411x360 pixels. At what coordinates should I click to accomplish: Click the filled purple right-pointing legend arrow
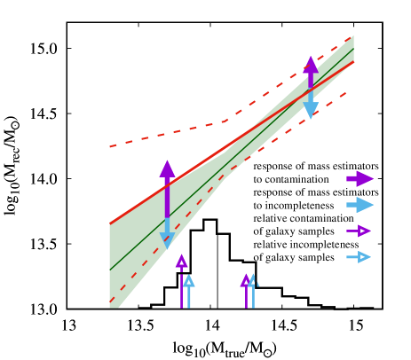click(x=360, y=178)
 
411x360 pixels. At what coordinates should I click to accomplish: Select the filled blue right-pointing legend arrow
click(x=360, y=205)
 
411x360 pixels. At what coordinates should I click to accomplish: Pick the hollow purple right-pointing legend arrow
click(x=359, y=231)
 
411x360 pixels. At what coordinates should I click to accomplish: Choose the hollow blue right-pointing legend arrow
click(x=359, y=257)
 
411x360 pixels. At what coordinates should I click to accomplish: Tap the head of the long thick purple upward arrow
click(x=167, y=168)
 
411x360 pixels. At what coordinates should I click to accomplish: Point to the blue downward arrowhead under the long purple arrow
click(x=167, y=239)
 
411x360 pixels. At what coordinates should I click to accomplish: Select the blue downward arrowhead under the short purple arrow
click(x=311, y=110)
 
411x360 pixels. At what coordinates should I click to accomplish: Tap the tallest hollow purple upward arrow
click(x=181, y=262)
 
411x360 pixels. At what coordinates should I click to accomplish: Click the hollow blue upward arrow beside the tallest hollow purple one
click(x=188, y=283)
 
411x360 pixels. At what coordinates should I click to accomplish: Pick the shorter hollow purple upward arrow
click(x=246, y=282)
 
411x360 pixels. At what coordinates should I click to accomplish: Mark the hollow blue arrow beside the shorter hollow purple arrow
click(x=253, y=282)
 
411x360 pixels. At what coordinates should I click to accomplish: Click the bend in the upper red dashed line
click(x=225, y=121)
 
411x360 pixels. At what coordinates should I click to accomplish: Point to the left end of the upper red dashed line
click(x=110, y=146)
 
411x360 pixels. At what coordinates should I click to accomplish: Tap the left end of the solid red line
click(x=110, y=223)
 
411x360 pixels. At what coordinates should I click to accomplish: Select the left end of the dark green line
click(x=110, y=270)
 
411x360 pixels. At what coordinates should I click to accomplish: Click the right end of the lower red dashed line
click(x=345, y=92)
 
